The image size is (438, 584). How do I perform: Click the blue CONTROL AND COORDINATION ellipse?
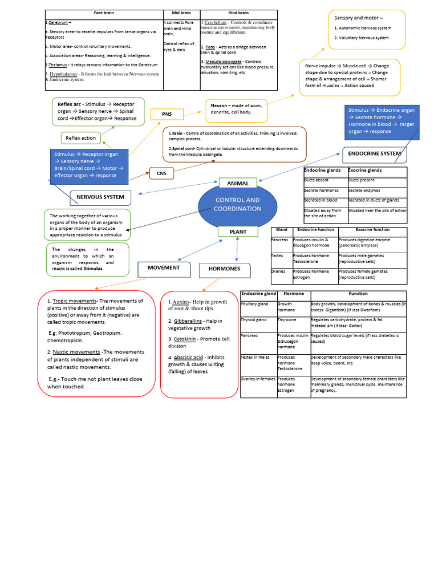click(x=237, y=204)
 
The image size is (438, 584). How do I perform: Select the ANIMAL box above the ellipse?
click(x=238, y=183)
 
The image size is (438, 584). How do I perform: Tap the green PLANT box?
click(x=238, y=232)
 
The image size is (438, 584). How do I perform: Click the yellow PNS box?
click(x=167, y=114)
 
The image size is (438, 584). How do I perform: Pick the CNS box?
click(x=162, y=172)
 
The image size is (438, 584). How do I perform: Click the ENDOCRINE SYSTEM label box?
click(x=374, y=153)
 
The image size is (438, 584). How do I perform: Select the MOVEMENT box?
click(x=164, y=268)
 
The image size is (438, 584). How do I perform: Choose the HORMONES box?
click(x=225, y=269)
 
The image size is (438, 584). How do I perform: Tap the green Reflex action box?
click(x=81, y=137)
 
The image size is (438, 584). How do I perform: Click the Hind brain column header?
click(x=238, y=13)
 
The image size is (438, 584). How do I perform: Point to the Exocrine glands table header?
click(x=366, y=170)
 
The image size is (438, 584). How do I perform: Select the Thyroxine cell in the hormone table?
click(x=286, y=320)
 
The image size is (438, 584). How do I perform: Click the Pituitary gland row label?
click(x=254, y=304)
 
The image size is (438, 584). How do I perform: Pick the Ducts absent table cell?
click(x=317, y=180)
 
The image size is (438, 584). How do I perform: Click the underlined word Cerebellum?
click(x=215, y=22)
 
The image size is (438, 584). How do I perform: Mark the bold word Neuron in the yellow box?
click(x=220, y=106)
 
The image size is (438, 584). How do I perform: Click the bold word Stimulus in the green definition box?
click(x=93, y=269)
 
